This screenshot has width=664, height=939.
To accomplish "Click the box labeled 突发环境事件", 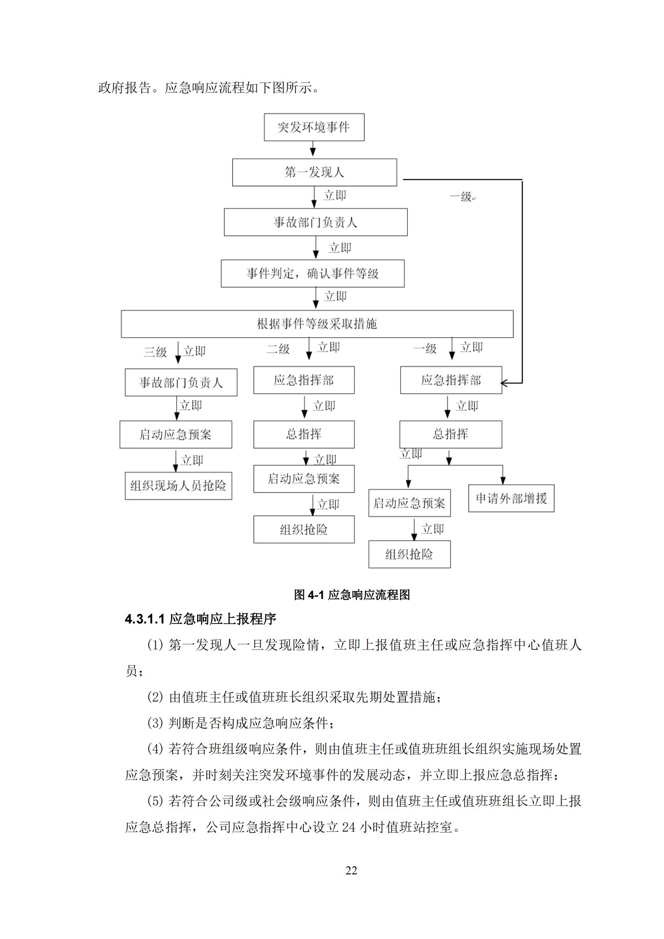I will [314, 127].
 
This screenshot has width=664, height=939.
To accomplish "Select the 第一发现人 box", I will [314, 172].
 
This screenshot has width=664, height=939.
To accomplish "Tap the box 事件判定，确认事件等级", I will [312, 273].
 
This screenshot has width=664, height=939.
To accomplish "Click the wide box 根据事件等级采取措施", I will [317, 324].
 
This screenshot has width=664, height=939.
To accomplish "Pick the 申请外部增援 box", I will [511, 498].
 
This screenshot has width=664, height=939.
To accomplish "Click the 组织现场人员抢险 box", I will [178, 486].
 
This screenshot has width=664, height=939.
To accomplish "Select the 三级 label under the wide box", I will [155, 352].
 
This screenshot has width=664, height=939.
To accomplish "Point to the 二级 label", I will [278, 349].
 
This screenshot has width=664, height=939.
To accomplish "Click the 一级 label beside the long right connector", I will [461, 197].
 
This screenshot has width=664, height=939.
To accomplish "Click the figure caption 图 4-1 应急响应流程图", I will [352, 595].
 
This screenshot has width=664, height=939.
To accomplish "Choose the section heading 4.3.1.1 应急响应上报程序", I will [200, 619].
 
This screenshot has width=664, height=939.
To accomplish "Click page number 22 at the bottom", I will [351, 870].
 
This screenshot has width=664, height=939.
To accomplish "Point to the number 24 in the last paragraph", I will [349, 827].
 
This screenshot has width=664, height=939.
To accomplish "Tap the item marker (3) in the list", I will [155, 723].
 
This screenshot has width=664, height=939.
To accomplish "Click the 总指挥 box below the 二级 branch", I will [304, 434].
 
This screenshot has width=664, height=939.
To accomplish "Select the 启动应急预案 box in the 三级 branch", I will [175, 434].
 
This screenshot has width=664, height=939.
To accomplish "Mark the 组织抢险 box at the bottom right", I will [409, 554].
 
